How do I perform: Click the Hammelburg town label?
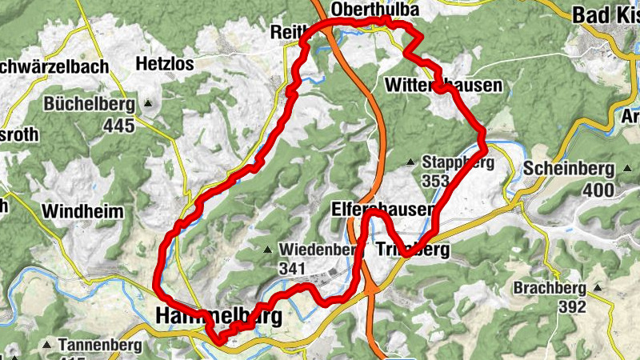pyautogui.click(x=216, y=317)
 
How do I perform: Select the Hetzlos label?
pyautogui.click(x=165, y=63)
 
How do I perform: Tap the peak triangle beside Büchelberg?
pyautogui.click(x=149, y=104)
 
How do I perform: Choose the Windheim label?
pyautogui.click(x=83, y=212)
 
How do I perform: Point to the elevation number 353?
pyautogui.click(x=436, y=181)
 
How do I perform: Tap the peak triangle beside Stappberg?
pyautogui.click(x=411, y=162)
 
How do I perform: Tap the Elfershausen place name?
pyautogui.click(x=382, y=210)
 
